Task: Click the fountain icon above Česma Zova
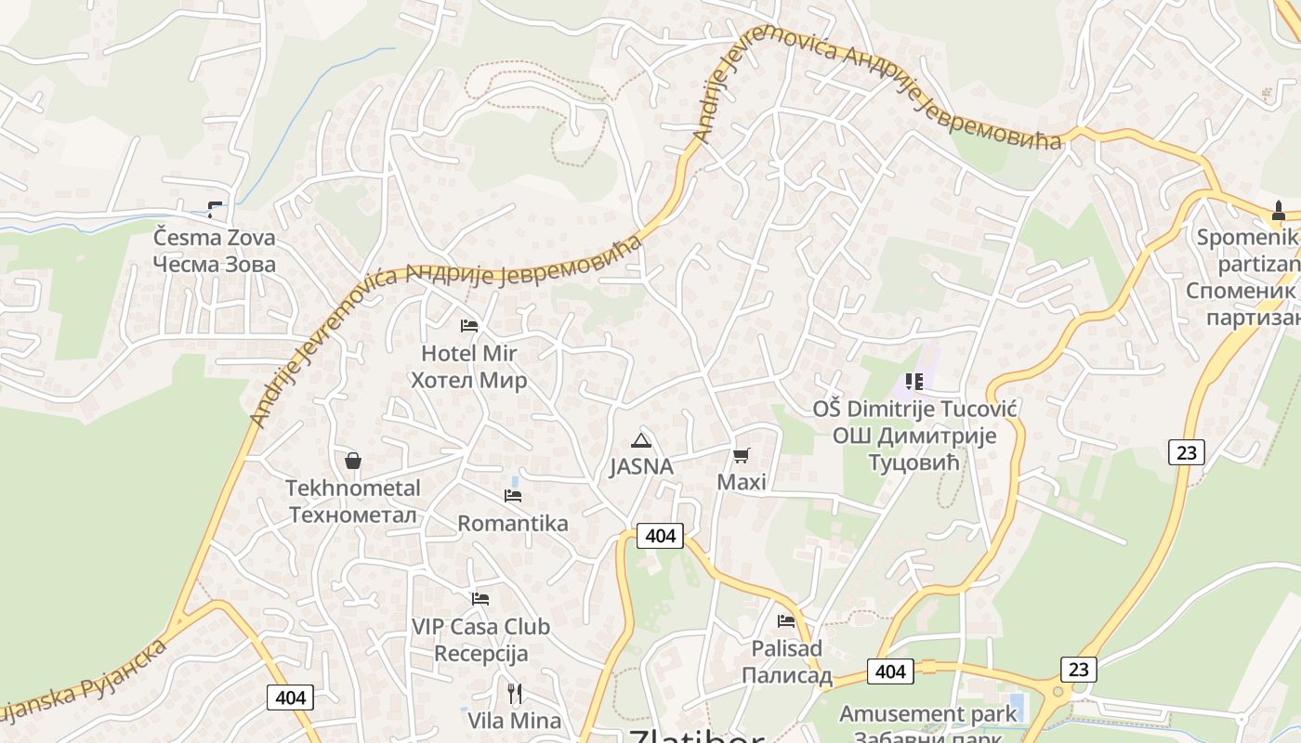click(215, 210)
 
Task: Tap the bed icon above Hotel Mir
click(469, 325)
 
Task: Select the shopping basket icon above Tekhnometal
click(353, 461)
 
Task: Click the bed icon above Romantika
click(513, 495)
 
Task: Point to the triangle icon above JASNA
click(640, 440)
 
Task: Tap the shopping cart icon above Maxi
click(742, 455)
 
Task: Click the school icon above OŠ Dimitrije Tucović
click(913, 382)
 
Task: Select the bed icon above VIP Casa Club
click(480, 599)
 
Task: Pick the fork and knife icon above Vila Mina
click(515, 693)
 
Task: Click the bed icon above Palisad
click(786, 620)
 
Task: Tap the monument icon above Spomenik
click(1279, 211)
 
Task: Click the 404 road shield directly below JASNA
click(660, 536)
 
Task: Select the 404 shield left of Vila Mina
click(290, 697)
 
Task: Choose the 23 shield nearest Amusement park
click(1078, 669)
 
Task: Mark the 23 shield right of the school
click(1186, 452)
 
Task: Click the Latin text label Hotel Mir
click(468, 354)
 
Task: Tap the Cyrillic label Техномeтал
click(353, 515)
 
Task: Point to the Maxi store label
click(742, 483)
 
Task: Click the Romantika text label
click(513, 524)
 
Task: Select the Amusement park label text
click(928, 714)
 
